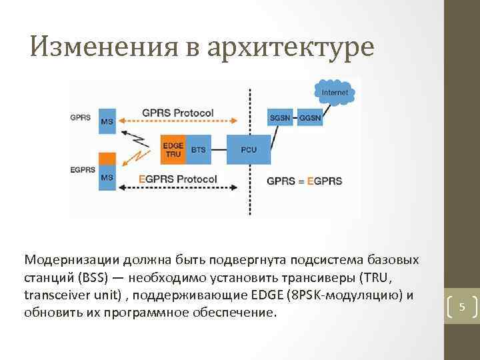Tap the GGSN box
click(x=311, y=118)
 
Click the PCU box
click(x=250, y=149)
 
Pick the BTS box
click(x=199, y=149)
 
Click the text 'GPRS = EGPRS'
click(x=304, y=180)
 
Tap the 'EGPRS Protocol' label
click(x=178, y=179)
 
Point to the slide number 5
click(x=461, y=307)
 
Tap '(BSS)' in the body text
click(x=89, y=277)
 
